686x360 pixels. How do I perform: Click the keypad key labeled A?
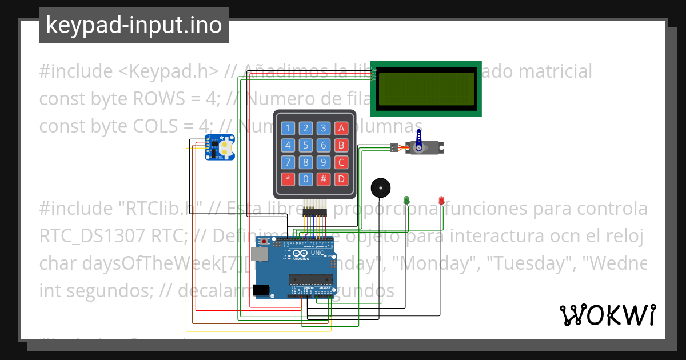click(341, 128)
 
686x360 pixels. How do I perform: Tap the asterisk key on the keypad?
click(288, 179)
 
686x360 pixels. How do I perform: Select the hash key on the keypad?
click(324, 179)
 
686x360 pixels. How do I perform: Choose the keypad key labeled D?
click(341, 179)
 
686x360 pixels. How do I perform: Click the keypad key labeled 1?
click(288, 128)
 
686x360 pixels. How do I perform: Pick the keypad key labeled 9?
click(324, 162)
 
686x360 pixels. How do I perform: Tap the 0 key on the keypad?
click(306, 179)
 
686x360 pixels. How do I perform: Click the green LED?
click(407, 199)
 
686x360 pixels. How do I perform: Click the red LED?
click(441, 199)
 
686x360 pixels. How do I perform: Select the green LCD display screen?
click(426, 88)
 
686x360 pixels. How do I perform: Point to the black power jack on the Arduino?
click(261, 290)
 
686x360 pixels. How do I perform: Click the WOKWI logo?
click(607, 315)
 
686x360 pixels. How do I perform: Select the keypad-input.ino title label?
click(134, 25)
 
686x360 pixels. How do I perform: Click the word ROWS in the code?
click(157, 99)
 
